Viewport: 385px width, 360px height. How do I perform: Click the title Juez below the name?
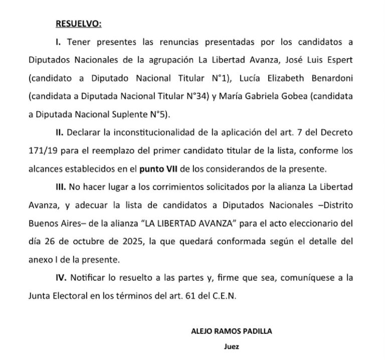tap(231, 346)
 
